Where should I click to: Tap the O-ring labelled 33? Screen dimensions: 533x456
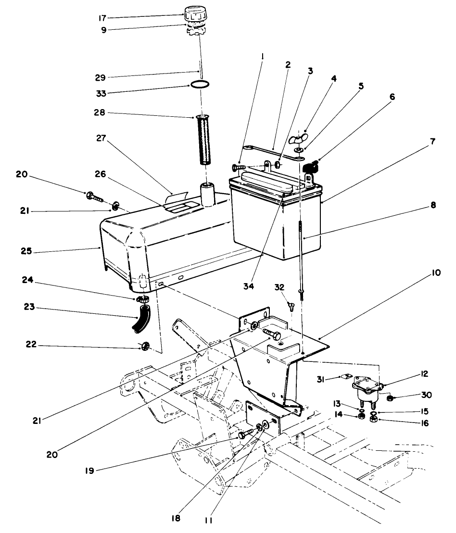[199, 85]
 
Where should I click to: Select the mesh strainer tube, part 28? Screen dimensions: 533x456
[204, 139]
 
